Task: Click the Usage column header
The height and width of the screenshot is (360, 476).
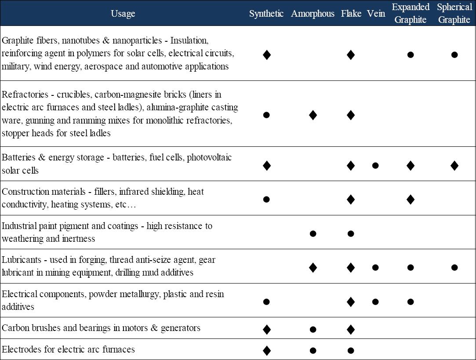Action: pos(123,14)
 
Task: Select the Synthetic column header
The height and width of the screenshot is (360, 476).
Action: pos(266,14)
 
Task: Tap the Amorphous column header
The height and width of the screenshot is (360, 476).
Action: pos(312,14)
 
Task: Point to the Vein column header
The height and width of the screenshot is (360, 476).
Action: pos(376,14)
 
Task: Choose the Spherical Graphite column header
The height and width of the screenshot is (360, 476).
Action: pos(454,14)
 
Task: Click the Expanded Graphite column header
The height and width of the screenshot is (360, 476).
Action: pos(411,14)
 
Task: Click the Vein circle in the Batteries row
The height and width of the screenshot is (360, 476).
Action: pos(375,166)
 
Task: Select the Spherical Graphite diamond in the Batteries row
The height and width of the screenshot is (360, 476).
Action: pos(454,166)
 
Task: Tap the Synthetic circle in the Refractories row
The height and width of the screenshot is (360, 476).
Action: pos(266,115)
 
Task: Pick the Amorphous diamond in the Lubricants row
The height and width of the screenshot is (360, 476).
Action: pos(313,267)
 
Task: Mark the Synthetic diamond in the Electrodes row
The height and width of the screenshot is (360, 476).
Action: pos(266,350)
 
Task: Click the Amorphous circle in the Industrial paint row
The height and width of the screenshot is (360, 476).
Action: pos(313,233)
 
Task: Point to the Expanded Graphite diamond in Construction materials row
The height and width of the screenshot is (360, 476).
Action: pos(411,200)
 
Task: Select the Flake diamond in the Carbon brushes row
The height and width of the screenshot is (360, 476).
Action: pos(351,329)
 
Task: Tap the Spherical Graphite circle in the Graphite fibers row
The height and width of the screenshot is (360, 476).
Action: pos(454,55)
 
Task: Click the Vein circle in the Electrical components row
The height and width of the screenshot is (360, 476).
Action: pos(375,302)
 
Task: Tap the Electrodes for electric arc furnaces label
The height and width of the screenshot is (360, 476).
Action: pos(68,350)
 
